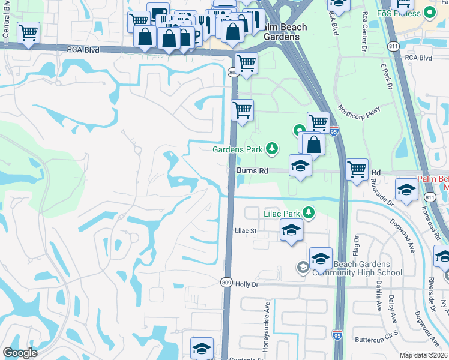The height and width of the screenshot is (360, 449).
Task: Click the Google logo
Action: coord(19,353)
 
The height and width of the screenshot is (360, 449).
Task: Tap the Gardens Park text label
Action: coord(238,149)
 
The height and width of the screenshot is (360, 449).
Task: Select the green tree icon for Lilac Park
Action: coord(309,212)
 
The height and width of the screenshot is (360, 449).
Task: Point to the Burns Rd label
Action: coord(252,171)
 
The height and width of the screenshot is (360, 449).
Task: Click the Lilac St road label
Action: coord(246,230)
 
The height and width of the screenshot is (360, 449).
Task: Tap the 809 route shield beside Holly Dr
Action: coord(226,285)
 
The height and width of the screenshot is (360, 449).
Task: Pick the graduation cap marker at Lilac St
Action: coord(291,230)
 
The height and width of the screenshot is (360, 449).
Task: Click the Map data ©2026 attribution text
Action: coord(423,355)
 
